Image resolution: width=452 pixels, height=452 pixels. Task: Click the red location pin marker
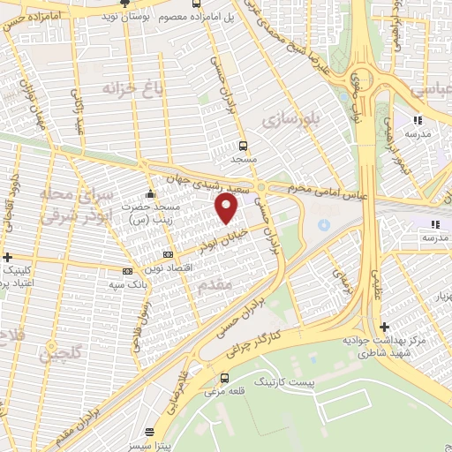(228, 208)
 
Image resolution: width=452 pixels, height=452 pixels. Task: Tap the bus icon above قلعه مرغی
(223, 378)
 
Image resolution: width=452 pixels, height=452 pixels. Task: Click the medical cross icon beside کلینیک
(8, 257)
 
